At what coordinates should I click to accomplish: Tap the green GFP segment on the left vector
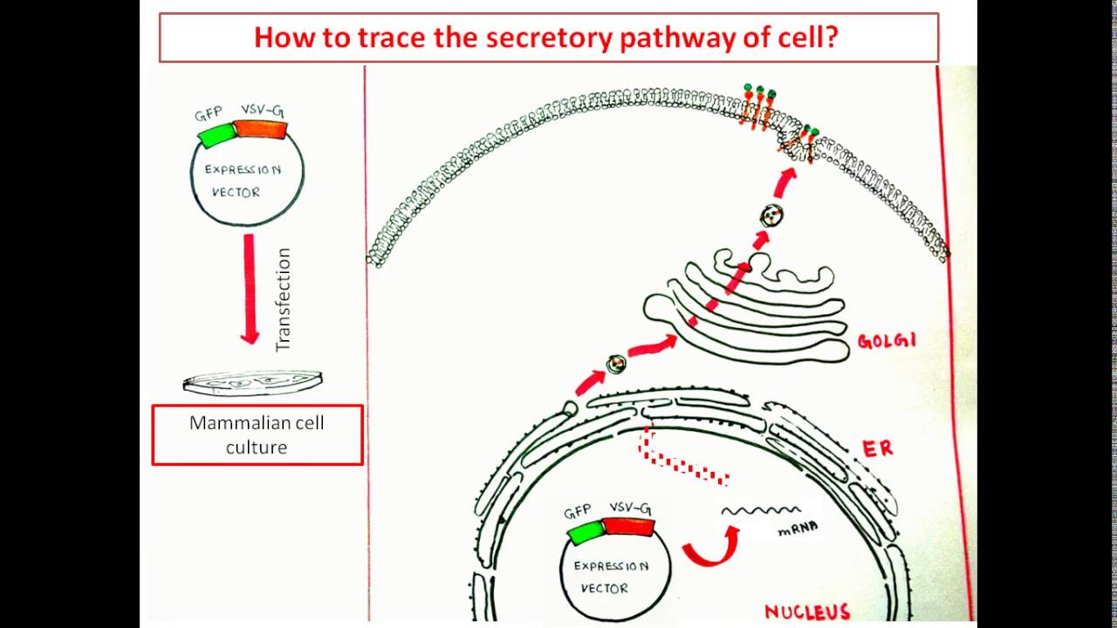point(216,134)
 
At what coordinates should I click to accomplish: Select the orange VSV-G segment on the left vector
point(261,129)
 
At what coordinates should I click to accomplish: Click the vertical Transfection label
point(282,300)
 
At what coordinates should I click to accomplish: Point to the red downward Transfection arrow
point(250,288)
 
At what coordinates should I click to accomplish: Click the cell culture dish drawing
point(253,382)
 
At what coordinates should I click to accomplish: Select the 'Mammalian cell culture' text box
point(257,434)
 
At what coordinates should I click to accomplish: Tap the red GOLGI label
point(887,341)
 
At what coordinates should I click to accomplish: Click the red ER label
point(877,448)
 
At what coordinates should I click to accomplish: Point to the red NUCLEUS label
point(807,611)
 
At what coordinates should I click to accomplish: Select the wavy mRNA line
point(760,510)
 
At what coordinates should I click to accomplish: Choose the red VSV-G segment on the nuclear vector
point(628,526)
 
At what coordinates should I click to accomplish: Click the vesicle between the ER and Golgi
point(617,364)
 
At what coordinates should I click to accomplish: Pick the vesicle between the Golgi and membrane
point(771,215)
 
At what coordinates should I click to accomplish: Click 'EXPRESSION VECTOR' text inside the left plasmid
point(243,181)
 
